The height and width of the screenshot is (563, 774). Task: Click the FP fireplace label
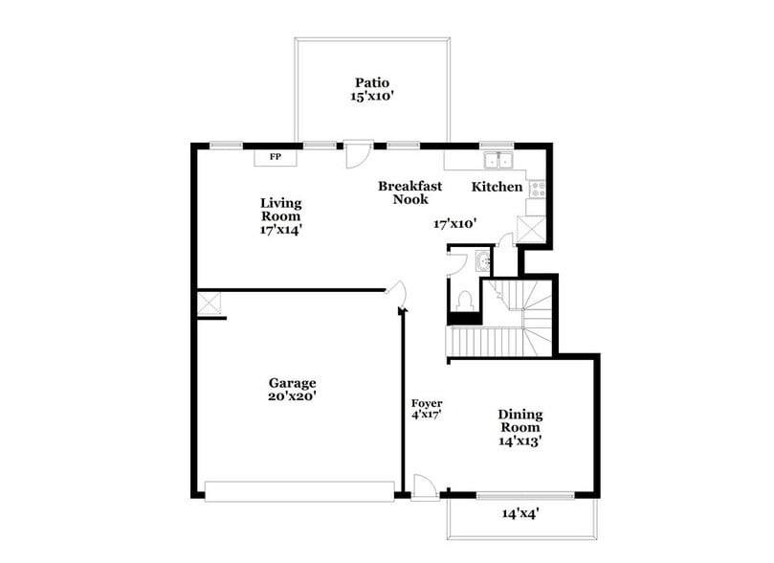coord(275,156)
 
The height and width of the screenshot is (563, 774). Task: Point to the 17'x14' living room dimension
coord(281,230)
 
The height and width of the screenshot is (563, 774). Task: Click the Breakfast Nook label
coord(409,192)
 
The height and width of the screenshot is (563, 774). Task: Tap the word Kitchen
coord(498,186)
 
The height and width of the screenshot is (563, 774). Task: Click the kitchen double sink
coord(498,160)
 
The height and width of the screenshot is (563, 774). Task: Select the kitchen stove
coord(537,188)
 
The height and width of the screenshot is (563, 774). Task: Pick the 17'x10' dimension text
coord(454,223)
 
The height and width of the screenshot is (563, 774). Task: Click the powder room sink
coord(482,259)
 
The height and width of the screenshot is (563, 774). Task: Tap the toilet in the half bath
coord(464,299)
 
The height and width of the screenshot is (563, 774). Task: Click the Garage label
coord(292,383)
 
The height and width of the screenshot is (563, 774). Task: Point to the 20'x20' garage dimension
coord(292,395)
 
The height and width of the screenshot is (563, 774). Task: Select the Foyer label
coord(426,403)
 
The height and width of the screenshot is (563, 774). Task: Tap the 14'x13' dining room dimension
coord(520,441)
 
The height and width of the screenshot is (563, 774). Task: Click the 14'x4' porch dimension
coord(521,513)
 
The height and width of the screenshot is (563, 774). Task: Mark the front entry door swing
coord(425,488)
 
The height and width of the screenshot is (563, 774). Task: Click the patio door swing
coord(357,153)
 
